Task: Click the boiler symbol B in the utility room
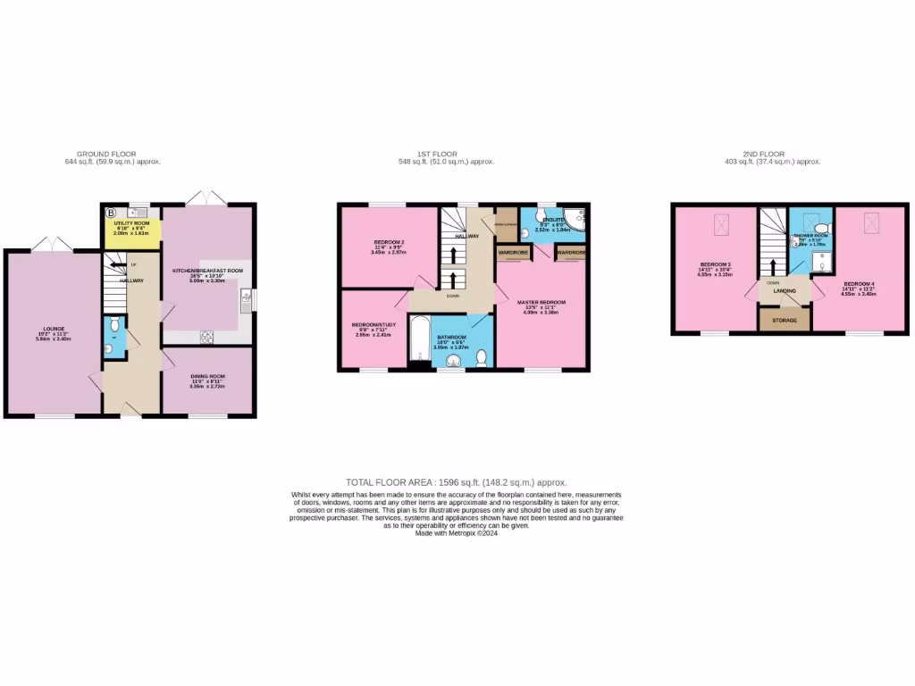112,213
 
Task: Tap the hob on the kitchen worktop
207,336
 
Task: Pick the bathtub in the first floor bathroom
419,342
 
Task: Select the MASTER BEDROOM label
541,303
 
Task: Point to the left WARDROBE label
513,254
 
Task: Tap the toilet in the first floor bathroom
481,358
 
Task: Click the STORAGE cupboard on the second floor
784,319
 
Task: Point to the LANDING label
785,290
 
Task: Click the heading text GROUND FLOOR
105,154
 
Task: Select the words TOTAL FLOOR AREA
385,481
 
